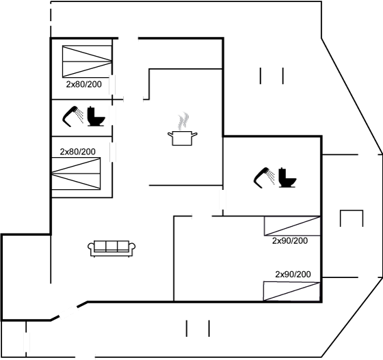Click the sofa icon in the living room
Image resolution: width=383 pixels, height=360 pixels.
(111, 249)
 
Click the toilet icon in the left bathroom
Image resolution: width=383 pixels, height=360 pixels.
(96, 116)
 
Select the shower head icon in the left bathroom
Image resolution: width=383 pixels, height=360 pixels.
(72, 117)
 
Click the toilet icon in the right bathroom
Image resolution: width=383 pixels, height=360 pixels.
(287, 178)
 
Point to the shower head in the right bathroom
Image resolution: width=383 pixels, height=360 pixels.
(264, 178)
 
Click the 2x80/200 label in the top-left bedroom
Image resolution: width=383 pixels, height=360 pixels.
(83, 85)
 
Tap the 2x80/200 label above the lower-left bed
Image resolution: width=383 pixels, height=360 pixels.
(78, 152)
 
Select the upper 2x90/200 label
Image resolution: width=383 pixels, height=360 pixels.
(290, 240)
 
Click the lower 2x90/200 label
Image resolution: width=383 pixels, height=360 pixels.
(293, 275)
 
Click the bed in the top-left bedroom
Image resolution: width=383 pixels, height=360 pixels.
(88, 61)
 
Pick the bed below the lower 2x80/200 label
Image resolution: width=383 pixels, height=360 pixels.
(76, 174)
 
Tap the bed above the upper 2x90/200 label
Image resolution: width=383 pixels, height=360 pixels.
(292, 226)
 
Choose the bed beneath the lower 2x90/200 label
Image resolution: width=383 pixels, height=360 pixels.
(291, 291)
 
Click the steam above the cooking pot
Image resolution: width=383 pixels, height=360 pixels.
(183, 121)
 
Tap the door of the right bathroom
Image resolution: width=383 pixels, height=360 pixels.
(222, 199)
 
